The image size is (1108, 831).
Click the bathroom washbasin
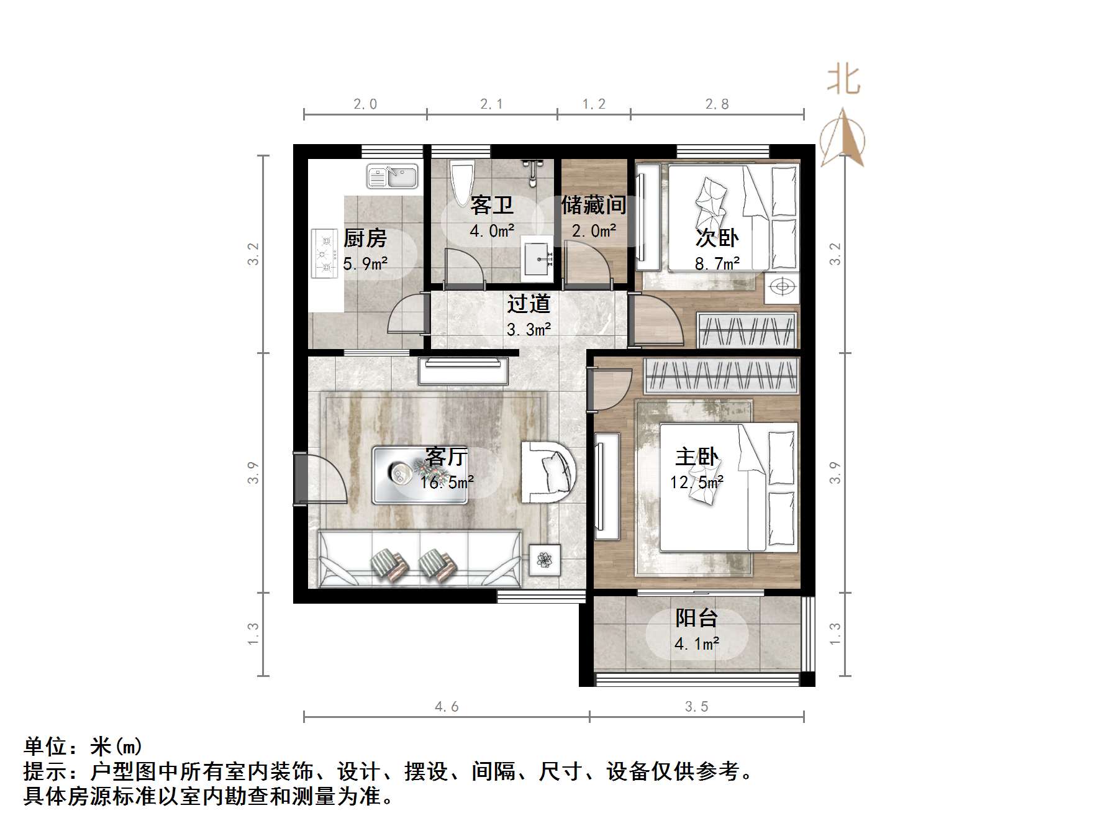(x=538, y=258)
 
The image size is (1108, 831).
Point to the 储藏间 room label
(x=593, y=204)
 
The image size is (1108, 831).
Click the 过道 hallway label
(x=529, y=304)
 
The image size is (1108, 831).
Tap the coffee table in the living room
(x=420, y=475)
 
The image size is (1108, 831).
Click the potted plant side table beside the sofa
(x=545, y=560)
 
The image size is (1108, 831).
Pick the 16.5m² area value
(x=447, y=481)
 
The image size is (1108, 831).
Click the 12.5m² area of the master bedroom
(x=697, y=481)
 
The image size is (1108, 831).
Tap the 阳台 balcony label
(x=696, y=617)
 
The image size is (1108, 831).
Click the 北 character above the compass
(x=843, y=80)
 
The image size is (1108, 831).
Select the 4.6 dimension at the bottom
(x=447, y=706)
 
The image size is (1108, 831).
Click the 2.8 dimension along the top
(x=717, y=104)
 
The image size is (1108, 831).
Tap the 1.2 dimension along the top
(x=594, y=104)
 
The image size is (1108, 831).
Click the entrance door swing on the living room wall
(x=320, y=479)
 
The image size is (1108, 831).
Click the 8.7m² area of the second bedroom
(x=717, y=263)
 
